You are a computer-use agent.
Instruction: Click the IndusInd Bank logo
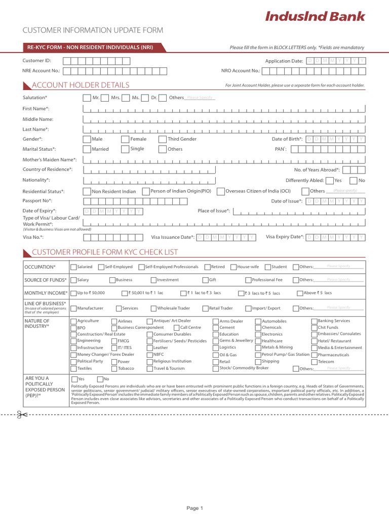pyautogui.click(x=315, y=17)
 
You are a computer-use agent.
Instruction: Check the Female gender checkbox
pyautogui.click(x=125, y=139)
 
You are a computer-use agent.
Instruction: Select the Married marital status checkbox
pyautogui.click(x=87, y=149)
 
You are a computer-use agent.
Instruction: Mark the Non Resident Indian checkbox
pyautogui.click(x=87, y=191)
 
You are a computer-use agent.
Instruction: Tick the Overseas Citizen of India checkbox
pyautogui.click(x=220, y=191)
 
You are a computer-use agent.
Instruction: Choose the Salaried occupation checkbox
pyautogui.click(x=74, y=267)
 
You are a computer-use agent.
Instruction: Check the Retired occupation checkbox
pyautogui.click(x=208, y=267)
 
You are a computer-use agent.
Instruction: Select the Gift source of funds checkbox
pyautogui.click(x=205, y=280)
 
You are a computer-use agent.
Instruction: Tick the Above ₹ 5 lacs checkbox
pyautogui.click(x=300, y=293)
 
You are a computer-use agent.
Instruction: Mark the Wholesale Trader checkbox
pyautogui.click(x=153, y=308)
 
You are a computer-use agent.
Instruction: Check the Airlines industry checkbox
pyautogui.click(x=114, y=321)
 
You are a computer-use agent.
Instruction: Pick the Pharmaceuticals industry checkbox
pyautogui.click(x=314, y=355)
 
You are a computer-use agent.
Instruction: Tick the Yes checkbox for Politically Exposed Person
pyautogui.click(x=74, y=379)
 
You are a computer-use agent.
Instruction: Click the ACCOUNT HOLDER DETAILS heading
pyautogui.click(x=81, y=85)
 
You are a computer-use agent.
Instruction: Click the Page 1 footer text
pyautogui.click(x=194, y=508)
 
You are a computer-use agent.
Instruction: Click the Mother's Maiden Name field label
pyautogui.click(x=50, y=159)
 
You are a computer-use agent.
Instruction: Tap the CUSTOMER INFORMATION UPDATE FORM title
pyautogui.click(x=93, y=30)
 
